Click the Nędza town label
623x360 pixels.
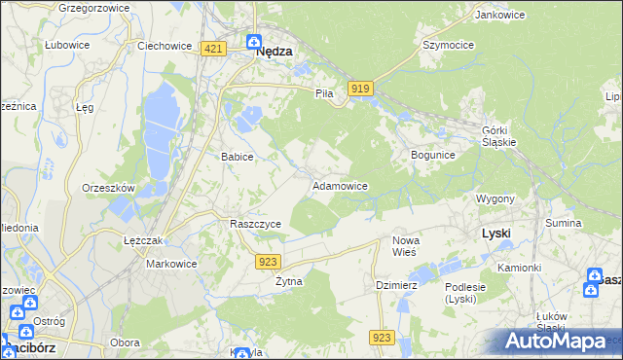coord(275,55)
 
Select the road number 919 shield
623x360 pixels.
coord(360,89)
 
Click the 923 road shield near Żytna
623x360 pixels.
coord(270,261)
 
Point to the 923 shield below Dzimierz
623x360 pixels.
coord(382,337)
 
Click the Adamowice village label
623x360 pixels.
coord(339,185)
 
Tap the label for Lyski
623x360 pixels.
coord(496,234)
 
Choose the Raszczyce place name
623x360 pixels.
coord(255,224)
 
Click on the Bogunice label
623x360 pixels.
coord(433,155)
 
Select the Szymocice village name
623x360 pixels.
coord(447,45)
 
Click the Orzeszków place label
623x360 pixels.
coord(108,188)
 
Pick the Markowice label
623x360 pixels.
coord(171,264)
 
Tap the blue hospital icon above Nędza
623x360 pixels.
coord(253,43)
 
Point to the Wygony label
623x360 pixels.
coord(495,198)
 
